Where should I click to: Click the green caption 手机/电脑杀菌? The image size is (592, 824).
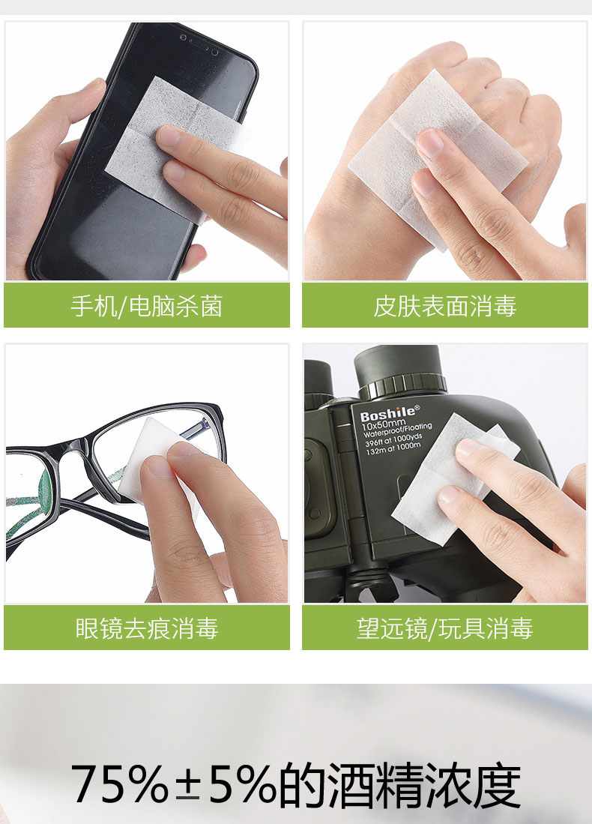147,306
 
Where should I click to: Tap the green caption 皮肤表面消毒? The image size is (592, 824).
445,306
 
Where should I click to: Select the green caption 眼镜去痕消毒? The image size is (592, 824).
147,628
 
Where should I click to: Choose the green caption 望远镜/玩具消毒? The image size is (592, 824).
445,628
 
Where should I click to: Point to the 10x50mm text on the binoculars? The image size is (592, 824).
384,424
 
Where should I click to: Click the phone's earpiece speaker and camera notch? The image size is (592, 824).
199,45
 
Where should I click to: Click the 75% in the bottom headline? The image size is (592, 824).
120,784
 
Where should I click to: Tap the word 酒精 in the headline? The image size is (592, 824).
375,784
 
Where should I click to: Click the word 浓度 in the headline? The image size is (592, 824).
473,784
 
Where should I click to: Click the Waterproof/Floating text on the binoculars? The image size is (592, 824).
398,431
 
